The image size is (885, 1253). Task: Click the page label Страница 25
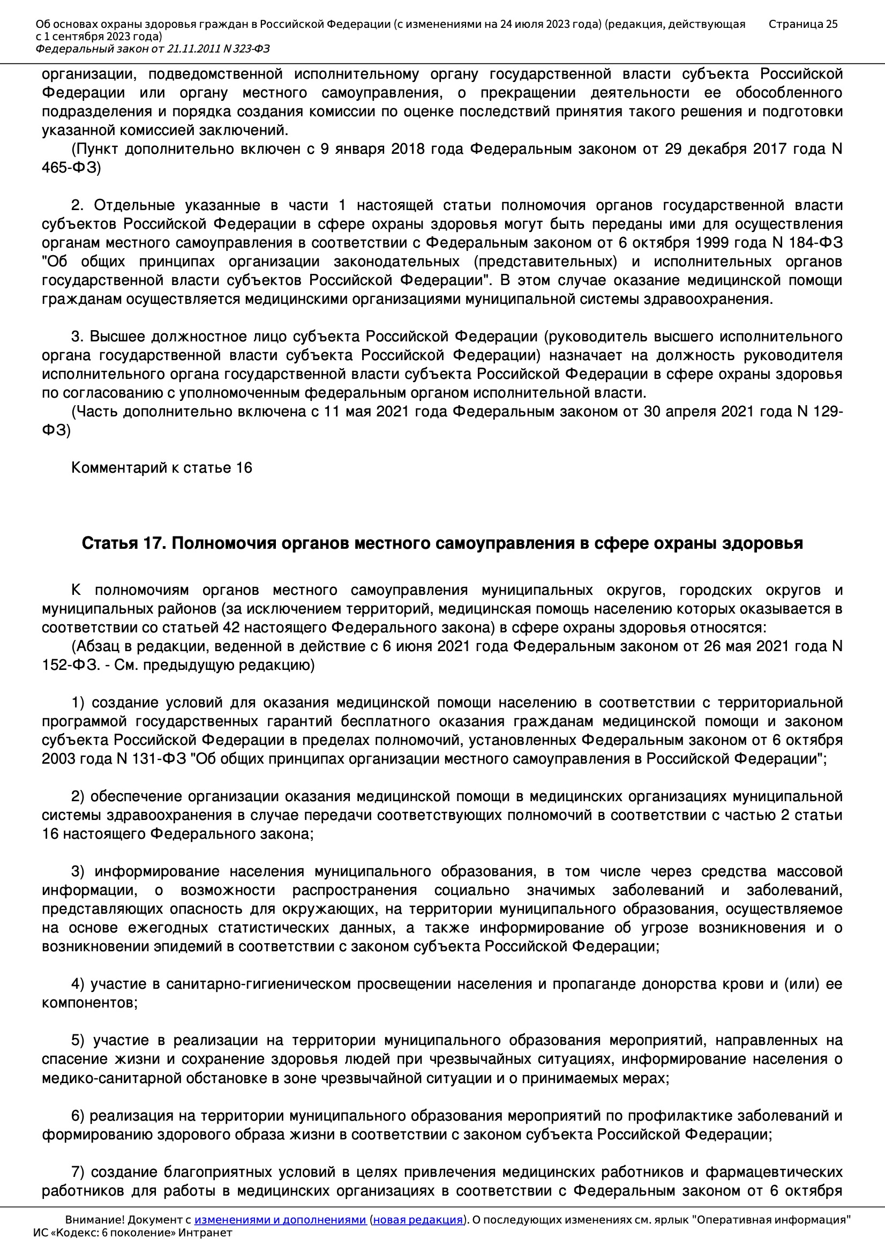pyautogui.click(x=802, y=24)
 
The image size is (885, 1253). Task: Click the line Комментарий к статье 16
pyautogui.click(x=161, y=468)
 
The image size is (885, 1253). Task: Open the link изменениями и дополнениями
pyautogui.click(x=280, y=1220)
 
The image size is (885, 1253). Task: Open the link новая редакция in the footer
pyautogui.click(x=417, y=1220)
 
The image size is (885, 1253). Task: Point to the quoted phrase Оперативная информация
pyautogui.click(x=771, y=1220)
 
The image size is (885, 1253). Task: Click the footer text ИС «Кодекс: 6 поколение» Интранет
pyautogui.click(x=132, y=1233)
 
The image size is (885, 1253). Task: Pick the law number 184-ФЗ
pyautogui.click(x=816, y=242)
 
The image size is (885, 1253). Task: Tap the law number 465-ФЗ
pyautogui.click(x=71, y=168)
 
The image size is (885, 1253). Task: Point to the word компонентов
pyautogui.click(x=89, y=1003)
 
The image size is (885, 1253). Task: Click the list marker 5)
pyautogui.click(x=78, y=1040)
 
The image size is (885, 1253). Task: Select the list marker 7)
pyautogui.click(x=78, y=1172)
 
